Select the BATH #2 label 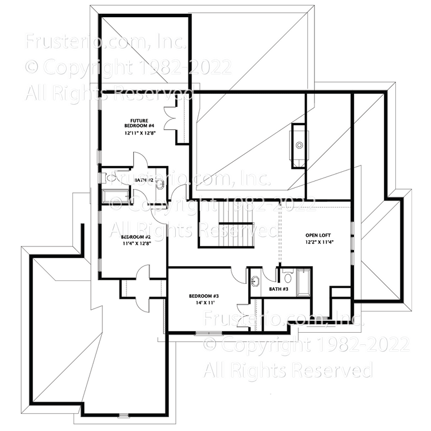click(144, 180)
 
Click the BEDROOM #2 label click(136, 237)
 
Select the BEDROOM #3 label click(204, 297)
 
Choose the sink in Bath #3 click(256, 282)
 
